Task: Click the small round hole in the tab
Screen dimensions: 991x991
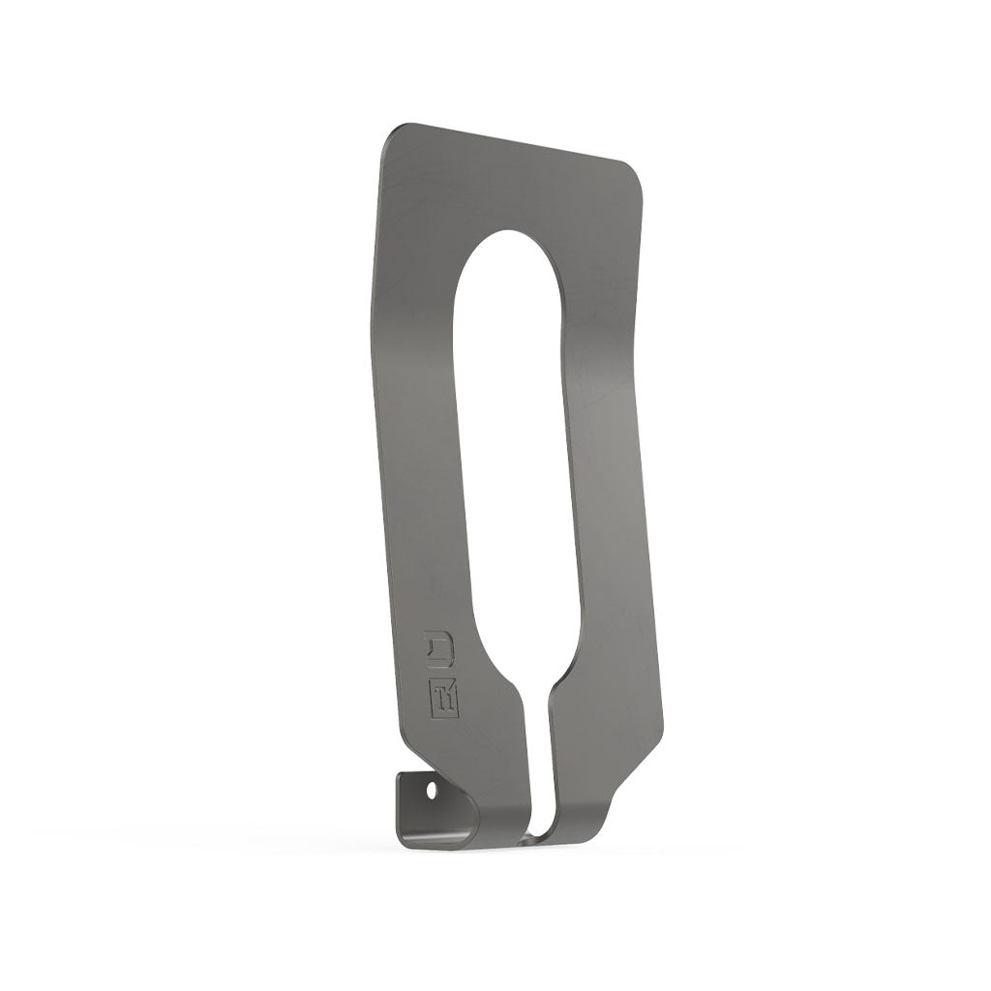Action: (432, 791)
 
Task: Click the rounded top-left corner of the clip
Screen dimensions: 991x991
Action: (391, 135)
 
